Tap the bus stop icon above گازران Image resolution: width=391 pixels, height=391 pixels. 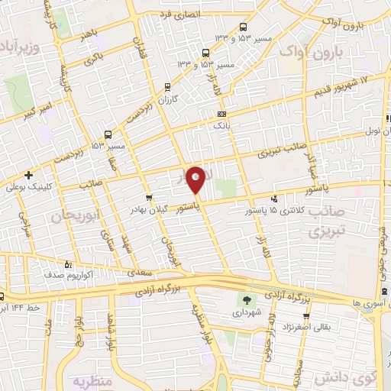[167, 86]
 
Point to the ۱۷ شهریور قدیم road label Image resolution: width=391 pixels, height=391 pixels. [340, 86]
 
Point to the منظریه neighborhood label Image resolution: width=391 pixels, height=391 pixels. [92, 379]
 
